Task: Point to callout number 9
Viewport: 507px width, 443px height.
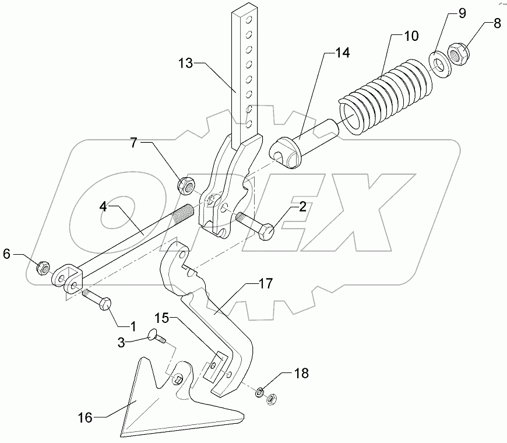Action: tap(461, 13)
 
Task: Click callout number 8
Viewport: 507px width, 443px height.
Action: tap(497, 24)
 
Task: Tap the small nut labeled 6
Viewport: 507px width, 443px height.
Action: tap(43, 268)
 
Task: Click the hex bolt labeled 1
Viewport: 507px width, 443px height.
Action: tap(97, 301)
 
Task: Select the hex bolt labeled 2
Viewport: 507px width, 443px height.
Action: tap(258, 228)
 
